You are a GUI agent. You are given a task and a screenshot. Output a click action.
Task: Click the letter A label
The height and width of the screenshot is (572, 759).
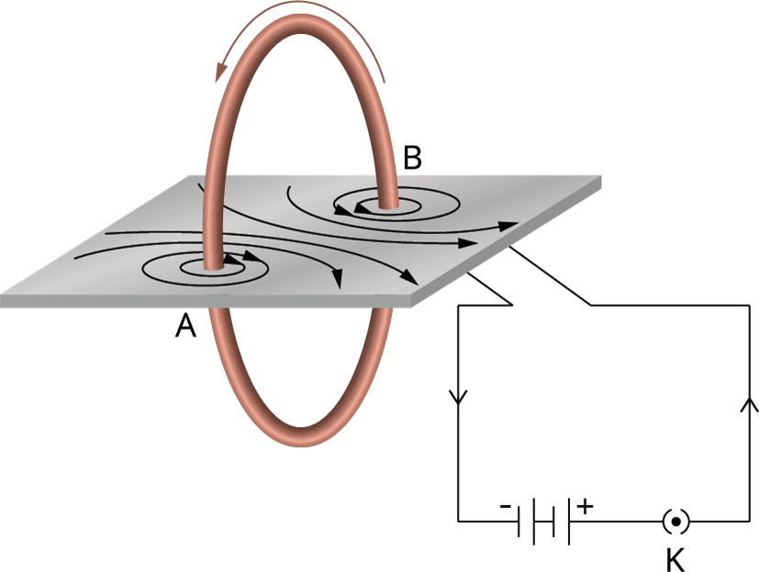point(186,325)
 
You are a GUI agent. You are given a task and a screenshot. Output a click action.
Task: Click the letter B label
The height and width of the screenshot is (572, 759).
point(412,159)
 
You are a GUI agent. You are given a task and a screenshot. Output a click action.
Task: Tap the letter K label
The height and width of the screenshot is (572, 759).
point(676,556)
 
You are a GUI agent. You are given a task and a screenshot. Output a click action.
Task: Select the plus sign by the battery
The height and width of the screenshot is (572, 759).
point(586,506)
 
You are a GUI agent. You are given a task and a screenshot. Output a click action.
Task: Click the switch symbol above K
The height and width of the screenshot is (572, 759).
point(676,522)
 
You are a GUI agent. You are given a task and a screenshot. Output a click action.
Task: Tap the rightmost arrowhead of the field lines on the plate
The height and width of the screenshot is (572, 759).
point(507,223)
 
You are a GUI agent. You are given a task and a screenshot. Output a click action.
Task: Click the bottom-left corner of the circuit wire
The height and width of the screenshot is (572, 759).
point(458,522)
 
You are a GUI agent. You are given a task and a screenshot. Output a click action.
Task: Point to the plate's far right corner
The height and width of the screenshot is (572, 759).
point(602,177)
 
